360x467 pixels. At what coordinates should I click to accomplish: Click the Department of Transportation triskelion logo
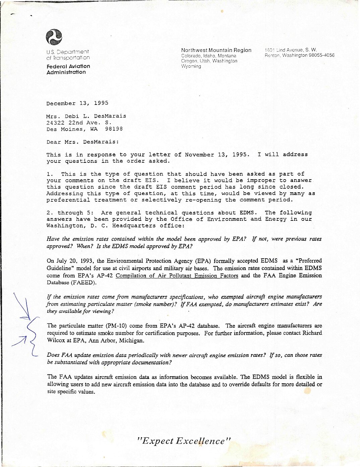54,37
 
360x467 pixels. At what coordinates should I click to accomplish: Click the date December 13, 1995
77,103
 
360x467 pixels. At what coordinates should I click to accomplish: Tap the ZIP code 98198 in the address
114,129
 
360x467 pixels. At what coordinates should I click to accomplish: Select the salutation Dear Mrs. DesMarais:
82,142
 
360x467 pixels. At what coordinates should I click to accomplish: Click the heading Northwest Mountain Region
216,50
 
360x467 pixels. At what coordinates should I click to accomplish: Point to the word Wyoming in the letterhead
191,66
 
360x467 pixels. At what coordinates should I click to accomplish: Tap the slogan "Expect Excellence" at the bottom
184,441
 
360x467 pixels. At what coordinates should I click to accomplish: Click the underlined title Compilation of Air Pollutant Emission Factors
177,276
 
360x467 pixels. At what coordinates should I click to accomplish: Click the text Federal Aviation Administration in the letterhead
68,69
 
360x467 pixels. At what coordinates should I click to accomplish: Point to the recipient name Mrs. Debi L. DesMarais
86,116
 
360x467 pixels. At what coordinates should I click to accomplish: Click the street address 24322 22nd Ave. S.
79,123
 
